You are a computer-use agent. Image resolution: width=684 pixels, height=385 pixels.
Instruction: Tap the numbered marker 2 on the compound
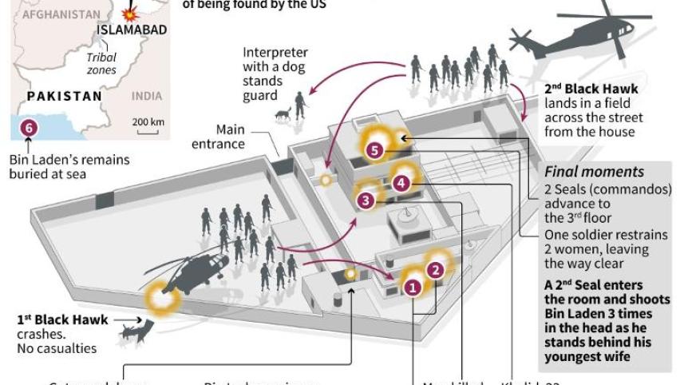pyautogui.click(x=436, y=270)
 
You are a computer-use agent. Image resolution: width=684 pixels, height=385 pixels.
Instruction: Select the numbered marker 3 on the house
pyautogui.click(x=366, y=201)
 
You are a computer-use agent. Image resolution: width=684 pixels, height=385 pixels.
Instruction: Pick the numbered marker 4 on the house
pyautogui.click(x=401, y=183)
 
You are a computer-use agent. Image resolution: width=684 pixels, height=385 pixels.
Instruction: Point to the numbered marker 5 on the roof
pyautogui.click(x=377, y=149)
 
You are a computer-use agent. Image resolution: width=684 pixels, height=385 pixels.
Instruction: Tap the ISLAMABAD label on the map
pyautogui.click(x=132, y=30)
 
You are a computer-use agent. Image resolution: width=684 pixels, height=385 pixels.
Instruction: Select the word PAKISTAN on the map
pyautogui.click(x=64, y=96)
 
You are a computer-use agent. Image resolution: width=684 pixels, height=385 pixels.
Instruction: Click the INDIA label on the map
pyautogui.click(x=146, y=96)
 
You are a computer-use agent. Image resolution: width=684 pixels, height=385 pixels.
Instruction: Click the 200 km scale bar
pyautogui.click(x=149, y=122)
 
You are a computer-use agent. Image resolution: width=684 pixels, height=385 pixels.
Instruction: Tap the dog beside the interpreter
pyautogui.click(x=282, y=117)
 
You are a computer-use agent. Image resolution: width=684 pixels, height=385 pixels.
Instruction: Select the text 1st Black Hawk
pyautogui.click(x=62, y=319)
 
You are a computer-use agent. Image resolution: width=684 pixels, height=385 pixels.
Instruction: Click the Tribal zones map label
pyautogui.click(x=101, y=64)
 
